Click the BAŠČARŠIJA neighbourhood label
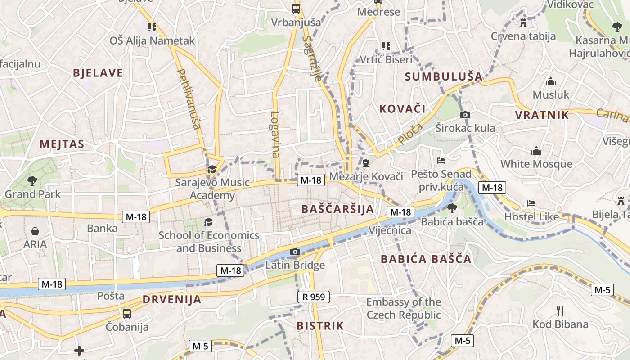click(x=337, y=209)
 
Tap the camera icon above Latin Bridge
click(x=295, y=252)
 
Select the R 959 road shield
click(x=314, y=297)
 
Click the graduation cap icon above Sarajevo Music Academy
click(x=211, y=169)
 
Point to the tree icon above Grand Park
click(x=32, y=181)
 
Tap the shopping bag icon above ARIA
click(x=35, y=231)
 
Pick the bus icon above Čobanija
click(x=127, y=313)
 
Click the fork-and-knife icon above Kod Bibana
click(x=560, y=311)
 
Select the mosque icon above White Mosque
click(x=536, y=151)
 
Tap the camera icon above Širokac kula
click(x=465, y=115)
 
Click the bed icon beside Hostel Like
click(x=531, y=203)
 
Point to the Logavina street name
click(x=275, y=134)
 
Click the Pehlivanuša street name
click(x=189, y=99)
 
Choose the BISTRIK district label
click(x=320, y=326)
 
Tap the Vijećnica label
click(x=390, y=230)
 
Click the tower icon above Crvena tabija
click(x=523, y=22)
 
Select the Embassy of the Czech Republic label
click(x=404, y=308)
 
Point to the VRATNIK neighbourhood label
click(x=542, y=115)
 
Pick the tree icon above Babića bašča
click(x=452, y=208)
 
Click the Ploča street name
click(x=410, y=134)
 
